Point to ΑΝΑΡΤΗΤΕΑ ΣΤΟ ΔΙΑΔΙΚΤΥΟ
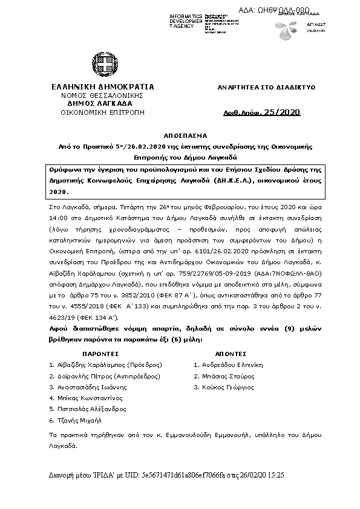tap(267, 88)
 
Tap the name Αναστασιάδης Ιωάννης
tap(91, 387)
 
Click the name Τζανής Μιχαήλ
tap(79, 420)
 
